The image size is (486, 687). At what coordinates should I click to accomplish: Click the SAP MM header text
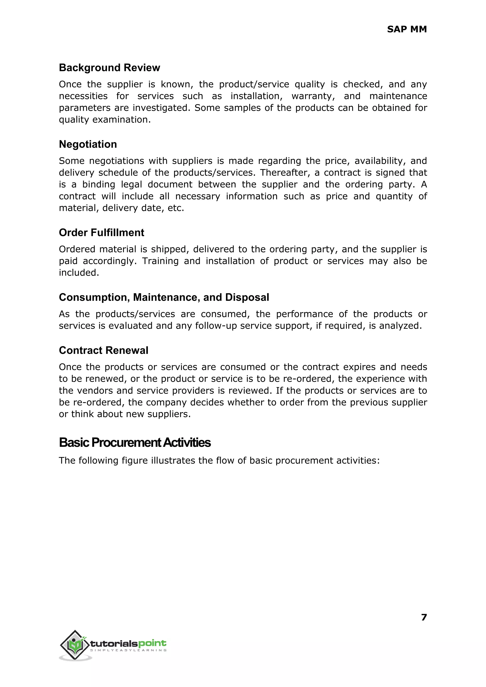[407, 29]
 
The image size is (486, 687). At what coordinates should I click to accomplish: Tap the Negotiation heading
[88, 144]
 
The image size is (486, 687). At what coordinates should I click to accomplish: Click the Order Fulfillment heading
[102, 233]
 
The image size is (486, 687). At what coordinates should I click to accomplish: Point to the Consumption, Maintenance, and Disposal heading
[164, 297]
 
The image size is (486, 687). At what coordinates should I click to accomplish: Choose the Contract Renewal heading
[103, 350]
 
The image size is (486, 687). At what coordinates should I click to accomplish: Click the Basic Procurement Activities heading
[135, 443]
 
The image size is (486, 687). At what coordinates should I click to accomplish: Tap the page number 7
[424, 617]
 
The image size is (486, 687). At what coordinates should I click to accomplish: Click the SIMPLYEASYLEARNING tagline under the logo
[128, 650]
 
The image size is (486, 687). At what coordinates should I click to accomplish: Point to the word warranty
[313, 96]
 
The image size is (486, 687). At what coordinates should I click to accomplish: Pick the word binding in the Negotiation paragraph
[98, 184]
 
